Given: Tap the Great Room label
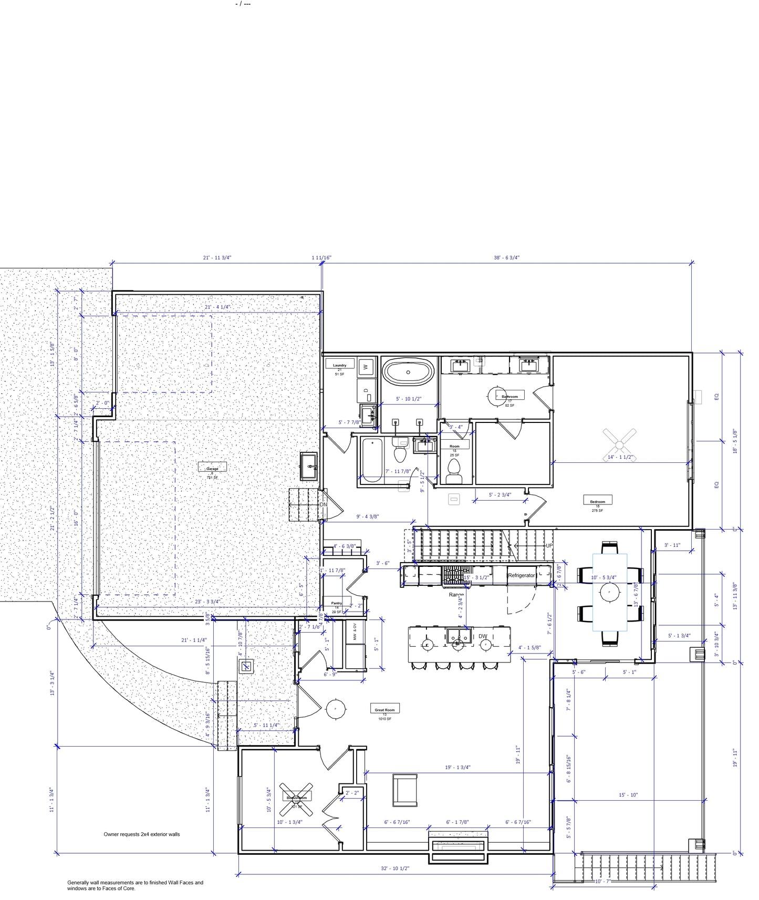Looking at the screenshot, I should coord(384,709).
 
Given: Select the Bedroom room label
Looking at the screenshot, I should coord(597,501).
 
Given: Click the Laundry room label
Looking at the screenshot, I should coord(339,365).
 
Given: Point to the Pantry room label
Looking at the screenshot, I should coord(336,603).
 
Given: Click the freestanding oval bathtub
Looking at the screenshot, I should coord(408,373).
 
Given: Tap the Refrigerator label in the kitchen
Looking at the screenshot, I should coord(521,575).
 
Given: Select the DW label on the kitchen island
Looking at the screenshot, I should coord(483,636).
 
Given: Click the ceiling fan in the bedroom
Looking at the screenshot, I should coord(619,445).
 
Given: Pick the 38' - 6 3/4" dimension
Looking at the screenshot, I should coord(506,257).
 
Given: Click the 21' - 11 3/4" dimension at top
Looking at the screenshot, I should coord(217,257).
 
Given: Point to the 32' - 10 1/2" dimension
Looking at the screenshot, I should coord(395,868).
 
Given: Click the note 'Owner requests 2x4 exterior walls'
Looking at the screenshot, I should coord(141,834).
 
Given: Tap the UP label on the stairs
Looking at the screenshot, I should coord(549,546).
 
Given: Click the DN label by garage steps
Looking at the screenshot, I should coord(323,504).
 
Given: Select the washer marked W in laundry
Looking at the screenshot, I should coord(366,367).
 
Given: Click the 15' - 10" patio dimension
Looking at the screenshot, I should coord(628,795).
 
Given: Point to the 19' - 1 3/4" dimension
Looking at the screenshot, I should coord(458,767).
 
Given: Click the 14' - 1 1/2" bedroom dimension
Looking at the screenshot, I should coord(620,457).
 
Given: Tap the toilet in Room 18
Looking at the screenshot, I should coord(454,469).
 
